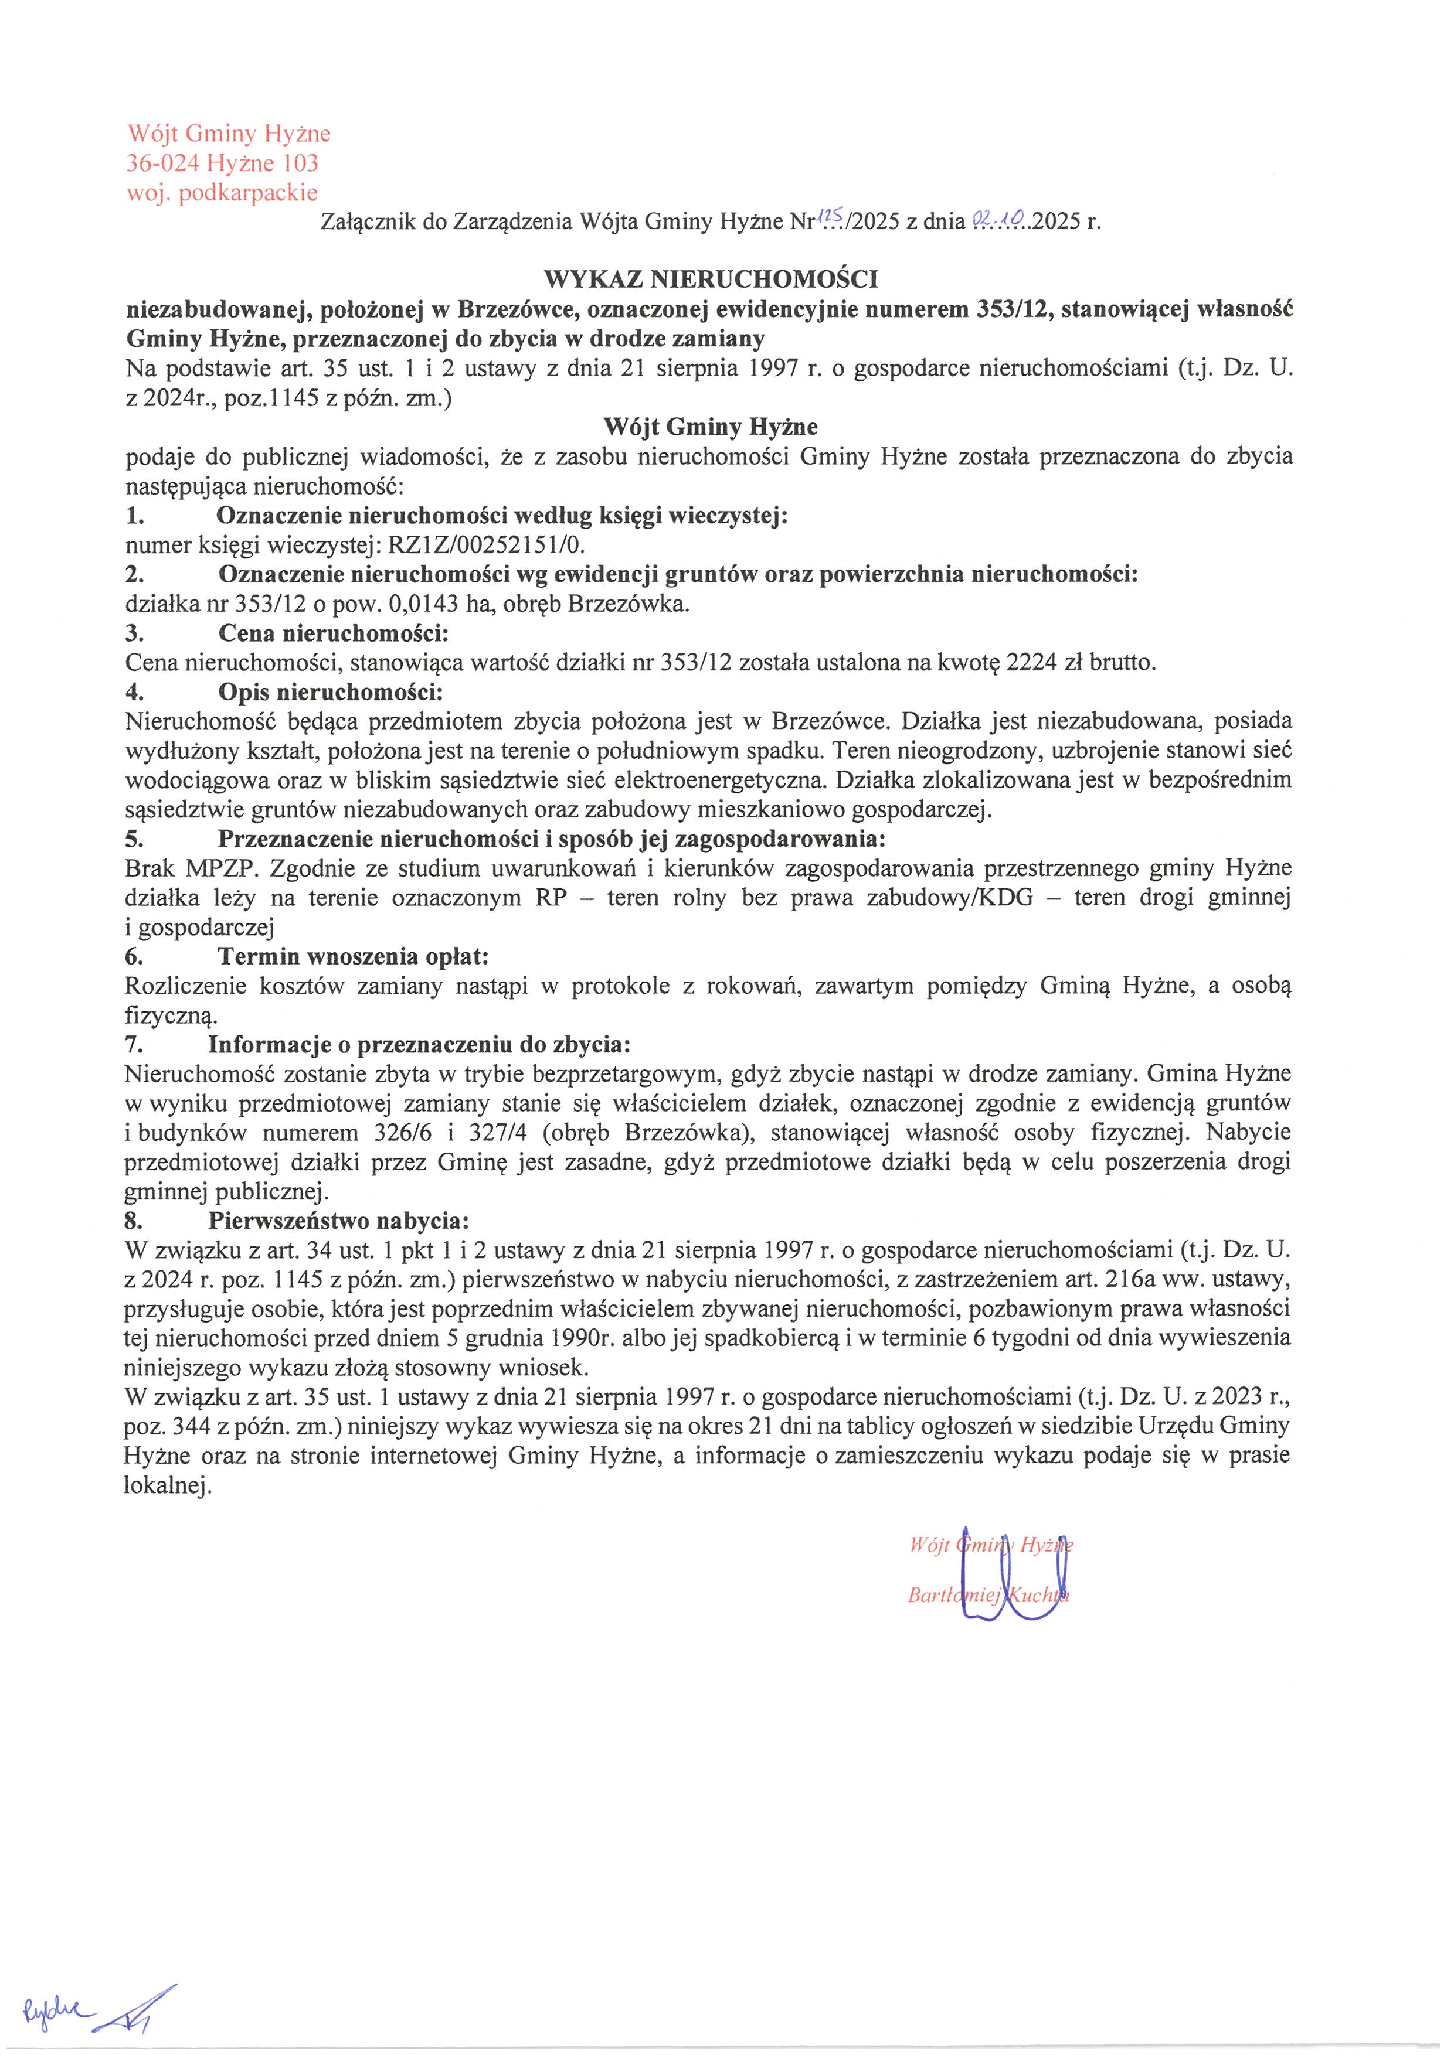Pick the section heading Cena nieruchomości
(333, 633)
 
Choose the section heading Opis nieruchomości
(330, 692)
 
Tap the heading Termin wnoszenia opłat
(353, 956)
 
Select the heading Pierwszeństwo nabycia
(338, 1221)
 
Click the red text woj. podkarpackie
(222, 192)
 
